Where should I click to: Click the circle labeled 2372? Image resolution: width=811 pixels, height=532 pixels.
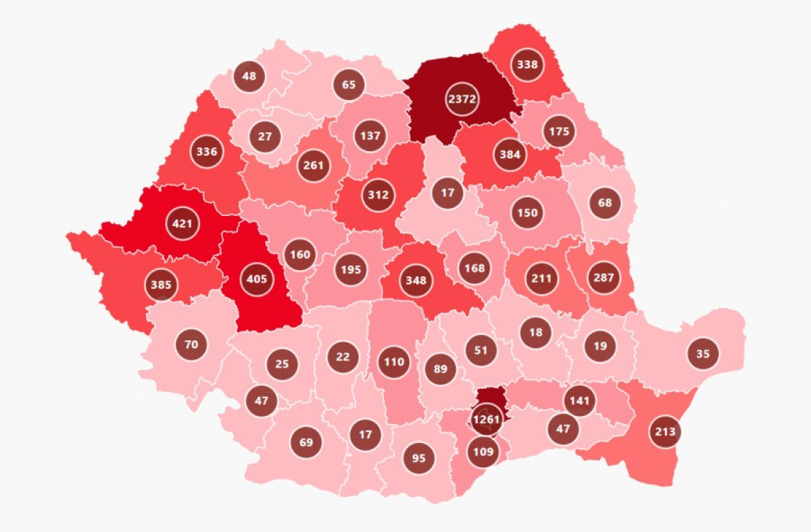pyautogui.click(x=462, y=99)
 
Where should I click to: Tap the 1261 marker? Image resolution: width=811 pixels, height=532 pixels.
pyautogui.click(x=486, y=419)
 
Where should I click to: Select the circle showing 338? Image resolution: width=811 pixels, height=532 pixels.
pyautogui.click(x=527, y=65)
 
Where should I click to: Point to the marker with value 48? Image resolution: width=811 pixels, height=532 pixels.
pyautogui.click(x=249, y=76)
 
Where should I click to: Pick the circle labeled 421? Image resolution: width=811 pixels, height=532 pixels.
pyautogui.click(x=182, y=223)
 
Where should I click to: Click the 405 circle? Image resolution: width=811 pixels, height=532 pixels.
pyautogui.click(x=257, y=279)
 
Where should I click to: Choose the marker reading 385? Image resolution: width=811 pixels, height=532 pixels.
pyautogui.click(x=161, y=285)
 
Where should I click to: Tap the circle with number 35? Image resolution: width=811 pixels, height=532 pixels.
pyautogui.click(x=703, y=353)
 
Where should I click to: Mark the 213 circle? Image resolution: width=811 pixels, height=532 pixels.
pyautogui.click(x=664, y=431)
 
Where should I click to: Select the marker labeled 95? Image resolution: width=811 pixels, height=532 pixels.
pyautogui.click(x=419, y=458)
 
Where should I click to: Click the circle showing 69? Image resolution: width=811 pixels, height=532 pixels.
pyautogui.click(x=306, y=443)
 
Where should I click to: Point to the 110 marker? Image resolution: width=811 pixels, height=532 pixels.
pyautogui.click(x=393, y=362)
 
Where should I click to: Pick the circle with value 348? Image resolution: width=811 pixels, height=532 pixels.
pyautogui.click(x=416, y=280)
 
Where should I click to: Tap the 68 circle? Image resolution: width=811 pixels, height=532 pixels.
pyautogui.click(x=605, y=203)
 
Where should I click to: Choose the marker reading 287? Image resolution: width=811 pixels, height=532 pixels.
pyautogui.click(x=604, y=277)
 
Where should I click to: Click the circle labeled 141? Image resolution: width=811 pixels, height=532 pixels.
pyautogui.click(x=579, y=400)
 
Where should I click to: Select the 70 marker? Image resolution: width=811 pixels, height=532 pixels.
pyautogui.click(x=191, y=345)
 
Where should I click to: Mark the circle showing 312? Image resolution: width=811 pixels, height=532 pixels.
pyautogui.click(x=378, y=195)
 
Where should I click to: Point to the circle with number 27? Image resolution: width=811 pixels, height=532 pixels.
pyautogui.click(x=265, y=137)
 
